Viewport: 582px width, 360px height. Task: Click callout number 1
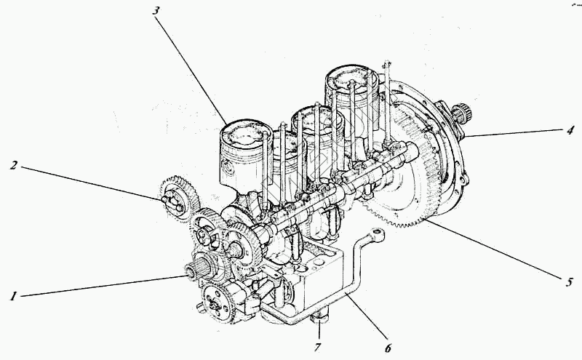coord(14,296)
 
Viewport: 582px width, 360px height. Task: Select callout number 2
coord(14,166)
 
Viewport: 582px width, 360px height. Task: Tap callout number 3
coord(156,10)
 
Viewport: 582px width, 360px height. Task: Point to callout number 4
coord(570,130)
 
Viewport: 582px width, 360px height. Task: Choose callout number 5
coord(569,281)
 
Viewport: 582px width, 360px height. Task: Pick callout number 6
coord(388,348)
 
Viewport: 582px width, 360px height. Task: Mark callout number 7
coord(317,348)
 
